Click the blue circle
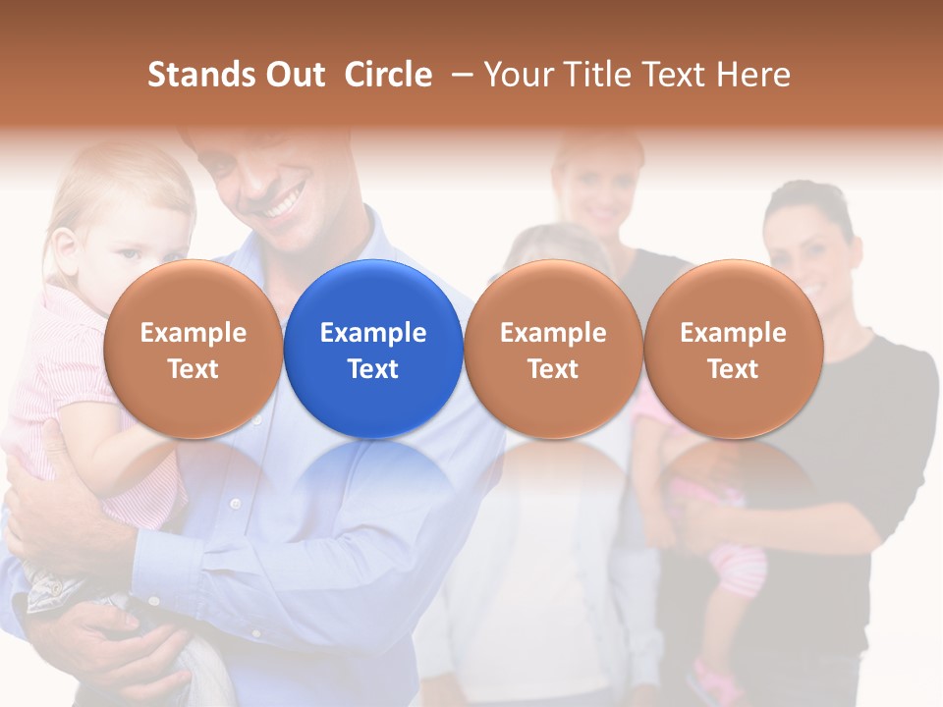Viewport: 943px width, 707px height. [x=373, y=349]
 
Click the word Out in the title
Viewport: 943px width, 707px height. [x=296, y=75]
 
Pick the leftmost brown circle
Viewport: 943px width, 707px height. [x=194, y=349]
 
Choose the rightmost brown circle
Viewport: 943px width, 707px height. [x=733, y=349]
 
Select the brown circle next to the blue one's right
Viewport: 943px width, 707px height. [x=553, y=349]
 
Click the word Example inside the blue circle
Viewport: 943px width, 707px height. [x=373, y=333]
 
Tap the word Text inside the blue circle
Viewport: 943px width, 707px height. [x=373, y=369]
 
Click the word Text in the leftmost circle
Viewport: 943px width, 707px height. [x=194, y=369]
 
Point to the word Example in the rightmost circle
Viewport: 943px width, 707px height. [x=733, y=333]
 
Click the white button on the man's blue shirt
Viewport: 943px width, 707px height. [x=235, y=504]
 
